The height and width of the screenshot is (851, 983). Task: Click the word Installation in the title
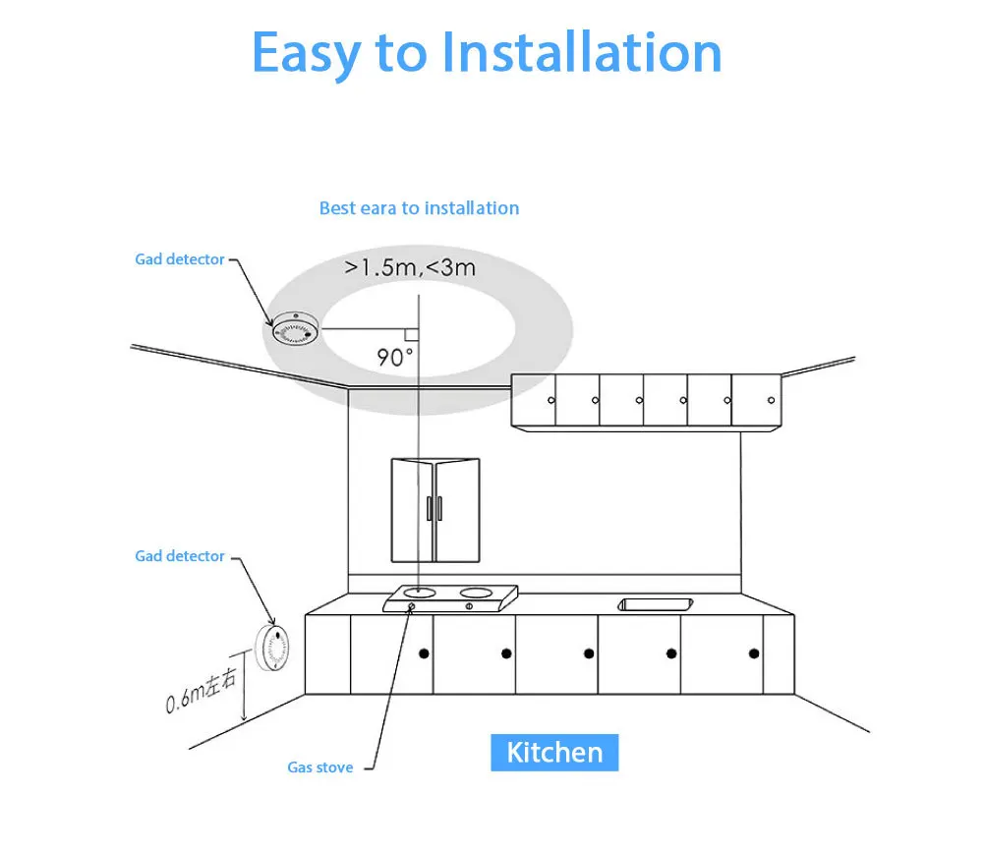tap(581, 52)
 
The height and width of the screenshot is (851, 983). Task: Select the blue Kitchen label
tap(554, 753)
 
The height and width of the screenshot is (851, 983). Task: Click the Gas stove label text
tap(319, 767)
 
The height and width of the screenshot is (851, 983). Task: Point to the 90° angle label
tap(396, 357)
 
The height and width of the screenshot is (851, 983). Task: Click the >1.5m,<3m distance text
tap(411, 267)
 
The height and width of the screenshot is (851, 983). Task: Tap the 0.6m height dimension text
tap(201, 689)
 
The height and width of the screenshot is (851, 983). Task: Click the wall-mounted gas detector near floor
tap(273, 649)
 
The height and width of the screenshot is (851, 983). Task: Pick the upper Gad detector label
tap(180, 259)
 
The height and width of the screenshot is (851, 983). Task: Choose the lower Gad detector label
tap(180, 556)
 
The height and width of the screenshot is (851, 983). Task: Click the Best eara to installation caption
tap(419, 208)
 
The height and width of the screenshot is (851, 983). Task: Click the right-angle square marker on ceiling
tap(411, 334)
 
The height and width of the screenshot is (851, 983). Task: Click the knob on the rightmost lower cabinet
tap(754, 653)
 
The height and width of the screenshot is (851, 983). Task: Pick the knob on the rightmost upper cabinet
tap(770, 401)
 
